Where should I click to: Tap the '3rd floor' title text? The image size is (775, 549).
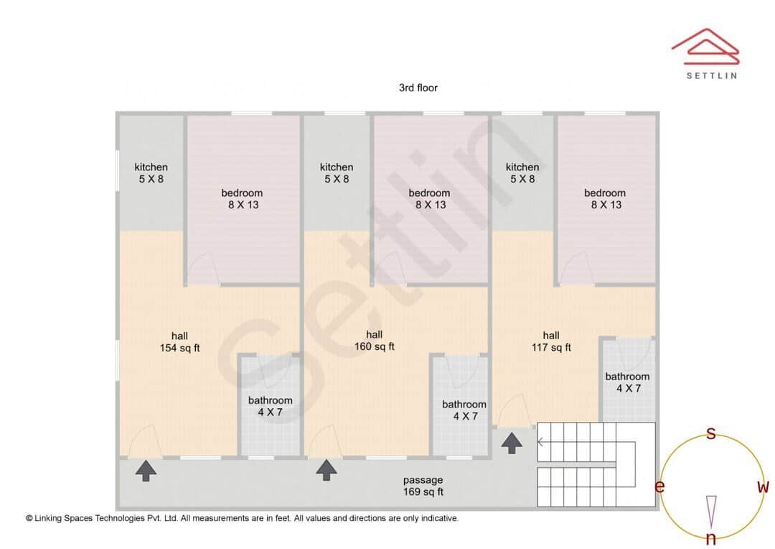point(418,88)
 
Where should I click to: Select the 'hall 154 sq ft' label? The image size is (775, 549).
point(179,342)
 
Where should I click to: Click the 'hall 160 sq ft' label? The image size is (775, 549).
point(374,341)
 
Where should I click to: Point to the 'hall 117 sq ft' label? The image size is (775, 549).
point(551,341)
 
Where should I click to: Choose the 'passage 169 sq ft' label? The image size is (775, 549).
point(423,486)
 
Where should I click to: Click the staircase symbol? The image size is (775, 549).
point(596,464)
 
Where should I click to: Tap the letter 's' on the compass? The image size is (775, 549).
point(711,433)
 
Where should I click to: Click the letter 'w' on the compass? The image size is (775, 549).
point(763,487)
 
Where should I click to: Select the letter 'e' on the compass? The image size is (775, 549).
point(659,487)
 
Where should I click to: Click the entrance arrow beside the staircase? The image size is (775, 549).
point(511,443)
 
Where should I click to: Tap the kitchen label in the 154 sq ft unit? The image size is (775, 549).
point(151,172)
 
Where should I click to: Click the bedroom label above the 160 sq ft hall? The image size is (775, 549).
point(429,198)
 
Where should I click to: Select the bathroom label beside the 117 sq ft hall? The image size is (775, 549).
point(627,382)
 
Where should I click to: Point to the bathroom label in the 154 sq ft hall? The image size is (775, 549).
point(271,406)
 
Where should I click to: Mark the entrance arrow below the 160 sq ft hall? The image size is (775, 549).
point(327,470)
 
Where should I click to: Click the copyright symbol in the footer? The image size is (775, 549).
point(29,518)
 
